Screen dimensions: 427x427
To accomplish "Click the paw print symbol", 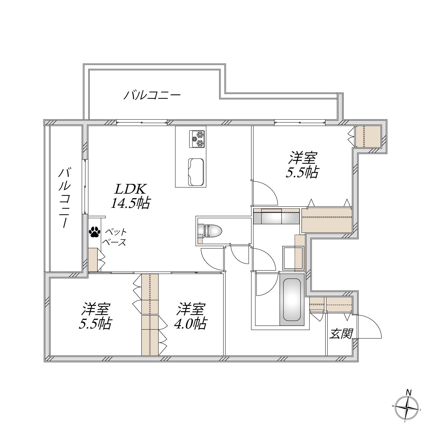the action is click(95, 232).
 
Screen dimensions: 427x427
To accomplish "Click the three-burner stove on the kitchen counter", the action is click(197, 139).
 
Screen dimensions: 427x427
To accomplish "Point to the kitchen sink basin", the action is click(196, 172).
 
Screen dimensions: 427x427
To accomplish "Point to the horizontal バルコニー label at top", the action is click(152, 95).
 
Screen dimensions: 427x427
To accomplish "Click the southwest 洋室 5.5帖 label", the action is click(95, 317).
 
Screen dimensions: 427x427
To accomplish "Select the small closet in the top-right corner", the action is click(368, 137).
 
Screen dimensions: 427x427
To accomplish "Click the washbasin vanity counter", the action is click(276, 217).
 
